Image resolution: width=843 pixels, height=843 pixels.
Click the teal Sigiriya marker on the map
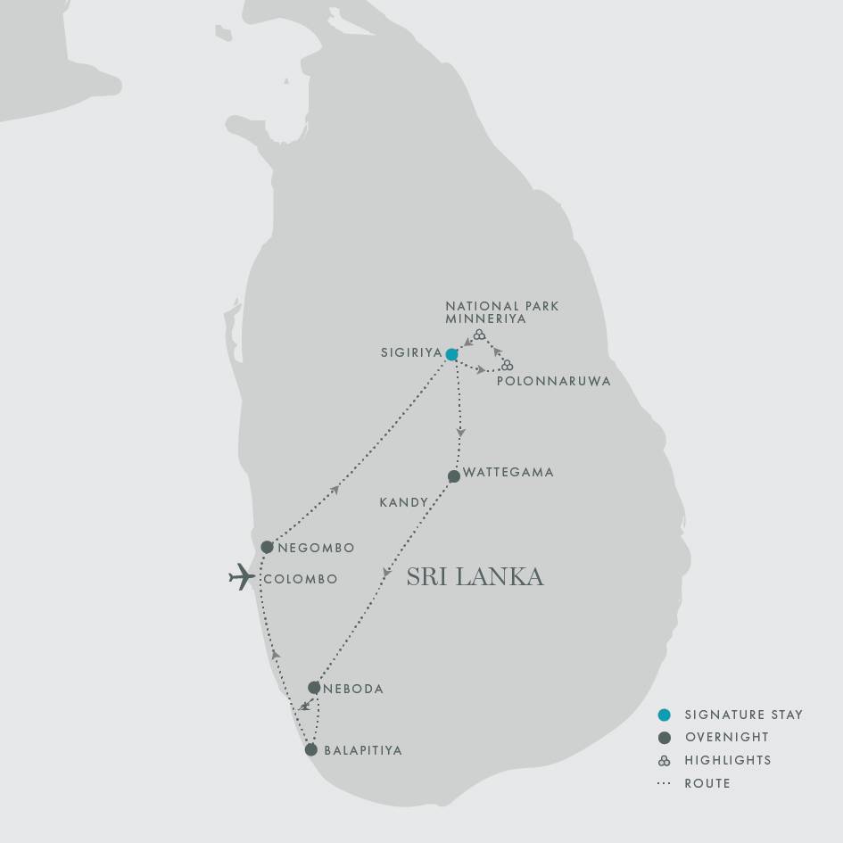[451, 354]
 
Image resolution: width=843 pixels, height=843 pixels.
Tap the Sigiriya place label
[410, 352]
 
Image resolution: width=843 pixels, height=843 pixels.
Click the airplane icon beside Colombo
[242, 577]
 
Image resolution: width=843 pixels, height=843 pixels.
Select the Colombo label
[300, 579]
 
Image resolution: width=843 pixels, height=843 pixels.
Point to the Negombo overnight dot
[267, 547]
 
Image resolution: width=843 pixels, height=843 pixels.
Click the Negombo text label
[315, 548]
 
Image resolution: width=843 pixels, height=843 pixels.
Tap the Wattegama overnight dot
[453, 476]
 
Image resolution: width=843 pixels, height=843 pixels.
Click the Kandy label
[404, 503]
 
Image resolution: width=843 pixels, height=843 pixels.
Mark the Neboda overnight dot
[314, 688]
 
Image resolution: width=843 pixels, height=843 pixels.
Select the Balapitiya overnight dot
[310, 749]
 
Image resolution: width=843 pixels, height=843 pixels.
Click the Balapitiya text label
[363, 750]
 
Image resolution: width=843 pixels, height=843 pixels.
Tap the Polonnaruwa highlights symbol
[507, 365]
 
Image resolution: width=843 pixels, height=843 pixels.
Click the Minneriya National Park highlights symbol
[479, 335]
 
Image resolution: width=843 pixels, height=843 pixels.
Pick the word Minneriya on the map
[486, 318]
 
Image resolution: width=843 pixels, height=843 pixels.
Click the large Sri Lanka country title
[475, 577]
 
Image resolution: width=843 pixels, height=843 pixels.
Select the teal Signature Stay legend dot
[664, 715]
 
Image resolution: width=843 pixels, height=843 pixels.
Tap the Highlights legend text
[728, 760]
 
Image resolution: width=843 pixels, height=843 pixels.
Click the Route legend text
[707, 783]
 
